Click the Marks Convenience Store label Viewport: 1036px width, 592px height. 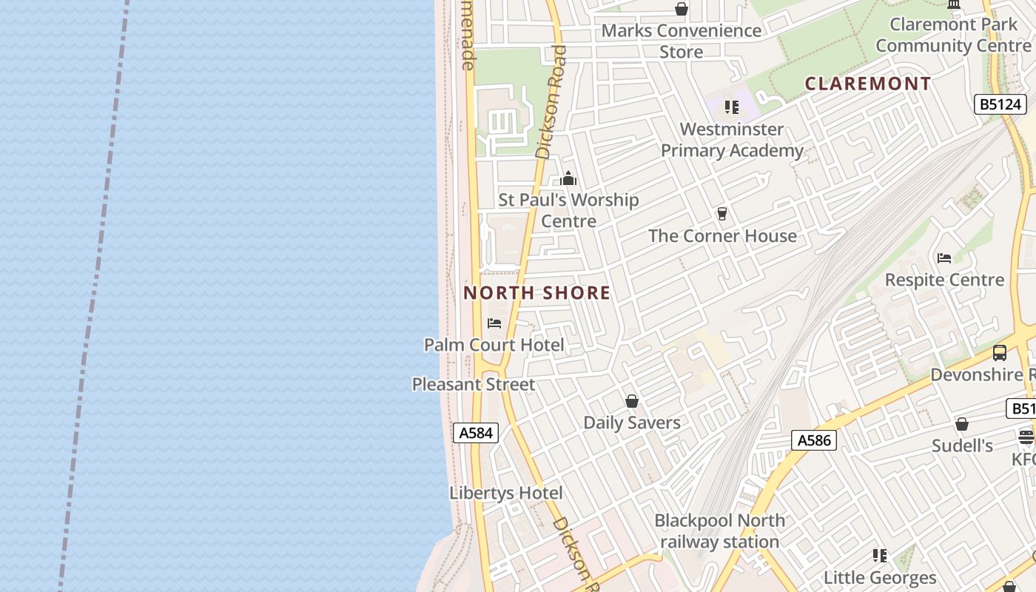[x=681, y=41]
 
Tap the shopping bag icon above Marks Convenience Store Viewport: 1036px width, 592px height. [x=681, y=9]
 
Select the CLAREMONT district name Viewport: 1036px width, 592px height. [x=867, y=84]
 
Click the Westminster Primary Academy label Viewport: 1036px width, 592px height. [x=732, y=140]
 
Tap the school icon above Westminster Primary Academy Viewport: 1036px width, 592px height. [x=732, y=107]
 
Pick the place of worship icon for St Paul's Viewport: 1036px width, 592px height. [x=568, y=178]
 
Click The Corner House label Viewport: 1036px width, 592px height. [x=722, y=236]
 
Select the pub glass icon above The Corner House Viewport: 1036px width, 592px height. [x=722, y=214]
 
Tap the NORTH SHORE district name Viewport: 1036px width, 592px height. [x=537, y=293]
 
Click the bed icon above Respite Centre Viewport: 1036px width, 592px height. [x=944, y=258]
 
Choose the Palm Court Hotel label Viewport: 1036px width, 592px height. [x=494, y=345]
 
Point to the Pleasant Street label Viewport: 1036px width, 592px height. [x=474, y=385]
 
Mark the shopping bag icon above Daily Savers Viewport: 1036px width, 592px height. [x=632, y=401]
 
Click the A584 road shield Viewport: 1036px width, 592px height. [x=475, y=433]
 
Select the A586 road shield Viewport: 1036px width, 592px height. [x=814, y=440]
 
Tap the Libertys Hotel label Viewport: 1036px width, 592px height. [x=506, y=493]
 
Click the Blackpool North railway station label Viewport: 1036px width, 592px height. [x=719, y=531]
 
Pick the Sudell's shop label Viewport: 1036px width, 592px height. [x=962, y=445]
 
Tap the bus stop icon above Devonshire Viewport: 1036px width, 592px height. [x=1000, y=353]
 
